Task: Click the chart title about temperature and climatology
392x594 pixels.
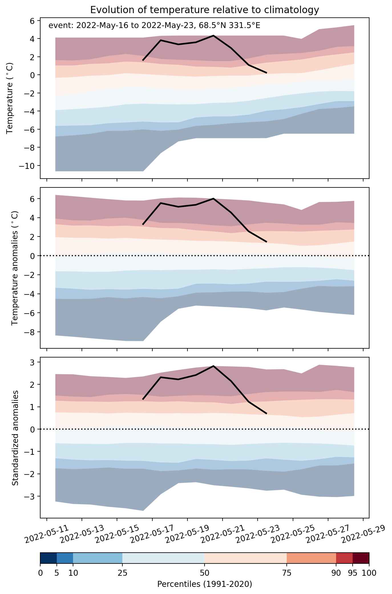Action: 205,10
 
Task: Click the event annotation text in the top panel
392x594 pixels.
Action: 154,26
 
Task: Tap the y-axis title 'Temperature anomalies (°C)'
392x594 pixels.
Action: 15,268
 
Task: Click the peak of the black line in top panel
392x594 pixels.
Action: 213,35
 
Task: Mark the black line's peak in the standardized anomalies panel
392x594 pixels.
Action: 213,366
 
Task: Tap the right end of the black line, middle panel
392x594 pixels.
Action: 266,242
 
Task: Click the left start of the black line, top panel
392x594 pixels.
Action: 143,60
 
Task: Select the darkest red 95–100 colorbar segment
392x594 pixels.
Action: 361,558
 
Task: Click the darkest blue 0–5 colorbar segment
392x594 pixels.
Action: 49,558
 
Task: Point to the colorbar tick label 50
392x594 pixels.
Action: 205,572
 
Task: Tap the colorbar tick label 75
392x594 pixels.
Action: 287,572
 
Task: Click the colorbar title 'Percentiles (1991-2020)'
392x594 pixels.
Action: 205,584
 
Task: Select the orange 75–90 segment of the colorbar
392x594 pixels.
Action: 312,558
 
